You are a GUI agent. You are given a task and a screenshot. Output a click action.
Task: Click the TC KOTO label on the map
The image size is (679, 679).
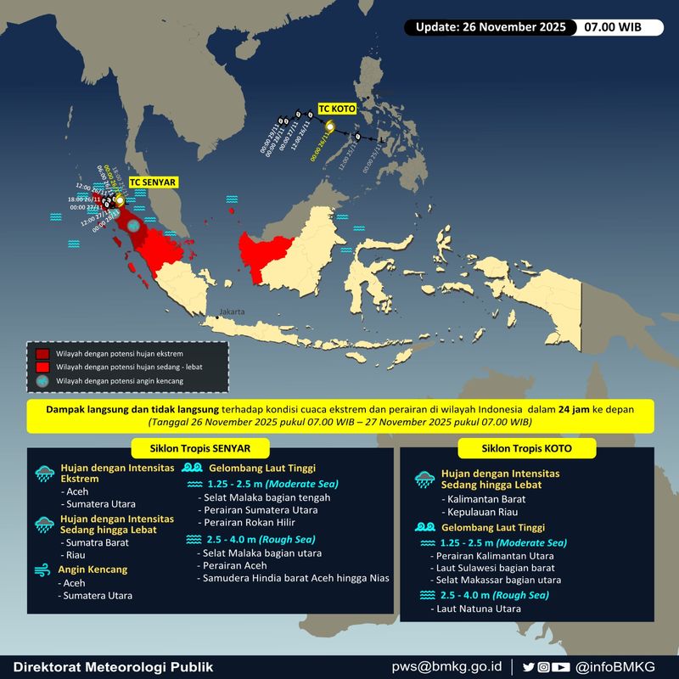[x=337, y=109]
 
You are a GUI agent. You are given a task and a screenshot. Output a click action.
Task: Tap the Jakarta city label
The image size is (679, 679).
[x=232, y=312]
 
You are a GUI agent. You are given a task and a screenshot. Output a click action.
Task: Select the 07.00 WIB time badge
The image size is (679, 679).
[x=612, y=27]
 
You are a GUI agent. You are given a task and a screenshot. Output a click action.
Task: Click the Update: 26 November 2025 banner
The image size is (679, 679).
[x=491, y=27]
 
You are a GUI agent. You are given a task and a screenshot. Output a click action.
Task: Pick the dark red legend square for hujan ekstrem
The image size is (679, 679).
[x=42, y=352]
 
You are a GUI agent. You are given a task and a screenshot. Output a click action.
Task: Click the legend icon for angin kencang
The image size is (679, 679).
[x=42, y=381]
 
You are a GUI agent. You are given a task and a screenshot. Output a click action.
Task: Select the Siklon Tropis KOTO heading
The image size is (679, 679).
[x=527, y=447]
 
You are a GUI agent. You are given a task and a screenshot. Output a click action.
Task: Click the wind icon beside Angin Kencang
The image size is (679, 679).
[x=42, y=569]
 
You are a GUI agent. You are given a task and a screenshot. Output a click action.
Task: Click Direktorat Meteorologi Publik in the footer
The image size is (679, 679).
[x=113, y=666]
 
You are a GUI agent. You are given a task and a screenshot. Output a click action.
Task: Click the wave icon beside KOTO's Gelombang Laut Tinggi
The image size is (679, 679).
[x=424, y=527]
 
